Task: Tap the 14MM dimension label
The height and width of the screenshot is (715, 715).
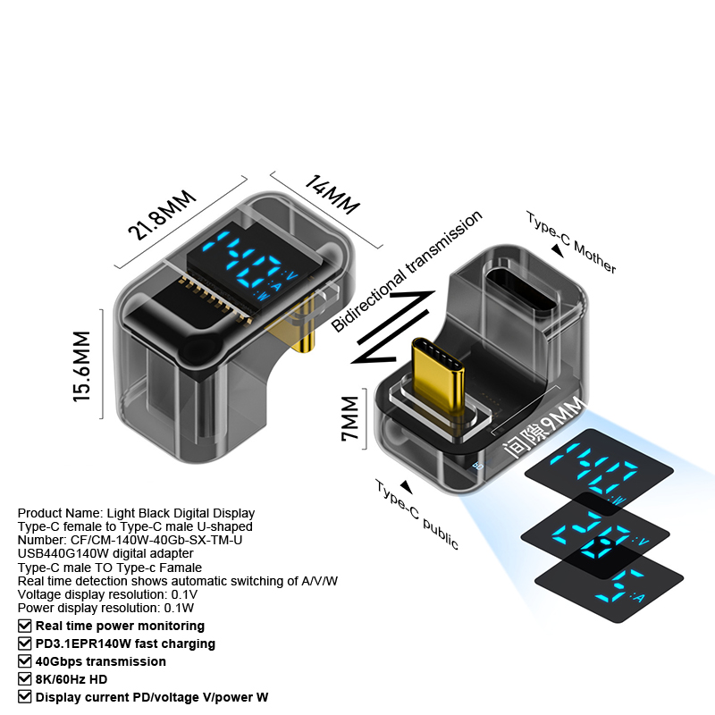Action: (x=332, y=195)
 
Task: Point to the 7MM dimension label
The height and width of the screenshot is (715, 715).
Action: (x=349, y=419)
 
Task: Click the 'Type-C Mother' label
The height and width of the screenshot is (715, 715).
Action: (x=572, y=242)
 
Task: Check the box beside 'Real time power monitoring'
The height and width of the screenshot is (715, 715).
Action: (x=24, y=626)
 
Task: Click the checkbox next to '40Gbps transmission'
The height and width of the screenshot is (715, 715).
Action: (x=24, y=661)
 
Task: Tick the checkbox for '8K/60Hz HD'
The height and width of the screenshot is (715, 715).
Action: (x=24, y=679)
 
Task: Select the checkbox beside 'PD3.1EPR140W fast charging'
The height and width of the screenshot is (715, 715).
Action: (x=24, y=643)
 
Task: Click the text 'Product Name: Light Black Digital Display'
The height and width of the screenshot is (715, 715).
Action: (x=136, y=513)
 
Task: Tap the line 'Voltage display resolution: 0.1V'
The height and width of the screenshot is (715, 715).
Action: (x=107, y=593)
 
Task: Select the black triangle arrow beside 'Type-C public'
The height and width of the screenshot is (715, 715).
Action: (x=407, y=487)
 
